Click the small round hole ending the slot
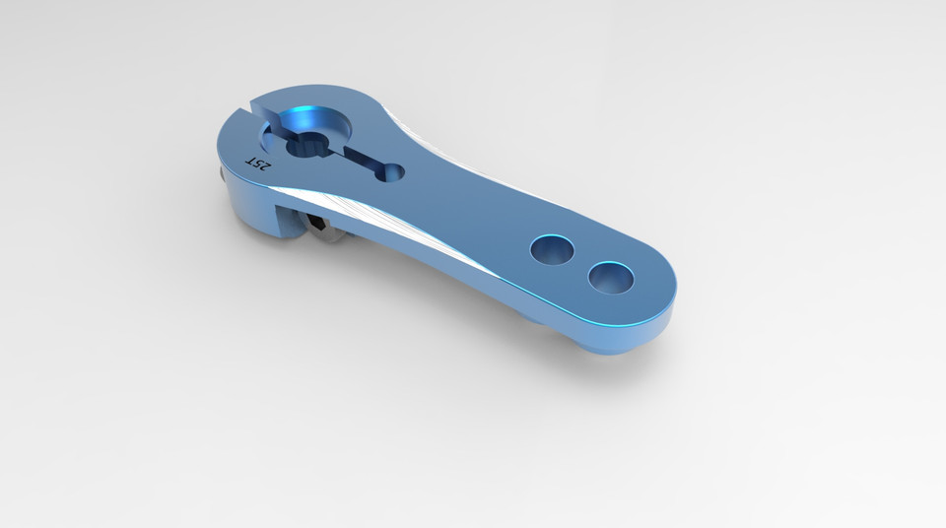pyautogui.click(x=392, y=172)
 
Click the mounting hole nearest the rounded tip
pyautogui.click(x=611, y=277)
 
